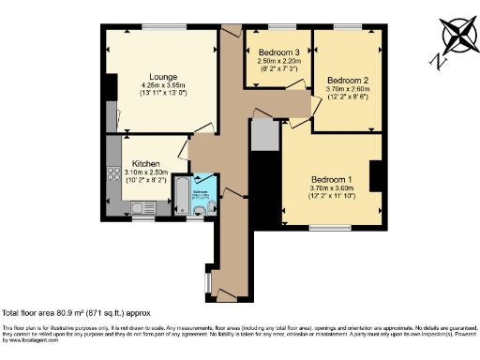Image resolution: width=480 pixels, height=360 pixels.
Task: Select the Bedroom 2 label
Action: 345,80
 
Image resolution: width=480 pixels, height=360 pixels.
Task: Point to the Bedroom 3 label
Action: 280,52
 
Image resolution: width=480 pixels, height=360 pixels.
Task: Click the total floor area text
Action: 76,311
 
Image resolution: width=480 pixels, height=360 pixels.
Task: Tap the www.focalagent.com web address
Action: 28,338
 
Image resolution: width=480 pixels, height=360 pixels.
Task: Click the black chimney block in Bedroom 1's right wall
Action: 377,176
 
